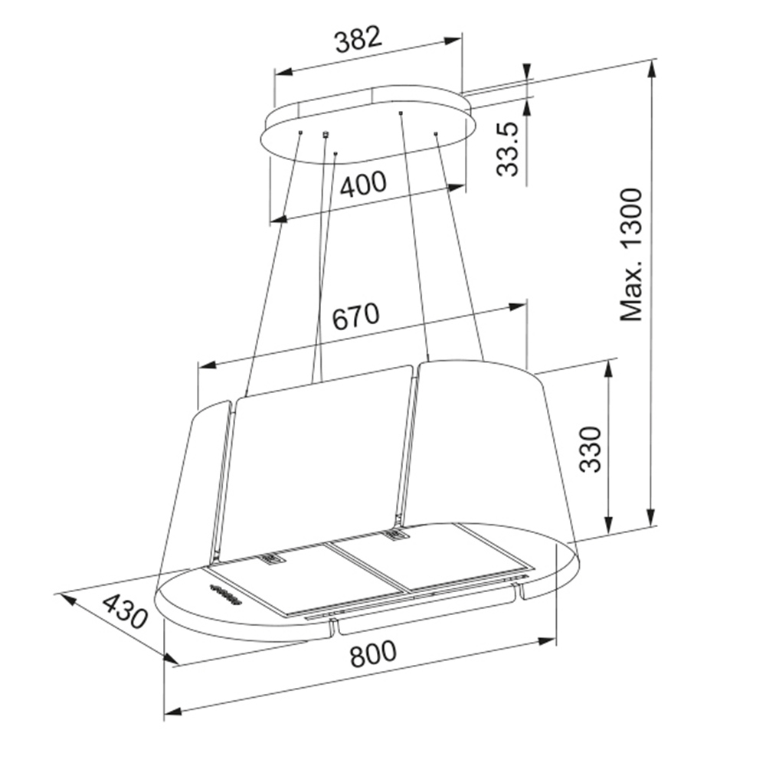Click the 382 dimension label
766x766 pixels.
pos(358,39)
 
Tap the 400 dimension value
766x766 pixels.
pos(363,184)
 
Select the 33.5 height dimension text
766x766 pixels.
pos(506,149)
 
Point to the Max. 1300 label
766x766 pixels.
pos(630,254)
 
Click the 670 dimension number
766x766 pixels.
pos(355,316)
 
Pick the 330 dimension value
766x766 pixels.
pos(589,449)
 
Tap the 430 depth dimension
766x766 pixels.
pos(125,611)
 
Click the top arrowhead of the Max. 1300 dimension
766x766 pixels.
pos(650,68)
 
